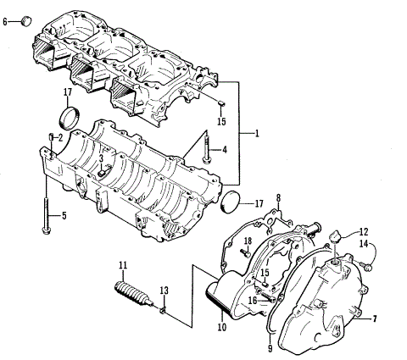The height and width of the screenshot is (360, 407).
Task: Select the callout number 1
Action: point(258,134)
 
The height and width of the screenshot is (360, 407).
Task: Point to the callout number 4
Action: point(224,151)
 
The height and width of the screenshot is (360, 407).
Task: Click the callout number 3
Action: point(100,158)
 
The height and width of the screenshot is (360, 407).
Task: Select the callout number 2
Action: point(60,137)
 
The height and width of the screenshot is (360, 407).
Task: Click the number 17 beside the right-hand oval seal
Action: point(258,202)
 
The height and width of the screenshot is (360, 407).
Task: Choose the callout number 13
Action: point(164,291)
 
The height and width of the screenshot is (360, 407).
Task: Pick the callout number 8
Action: point(277,199)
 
